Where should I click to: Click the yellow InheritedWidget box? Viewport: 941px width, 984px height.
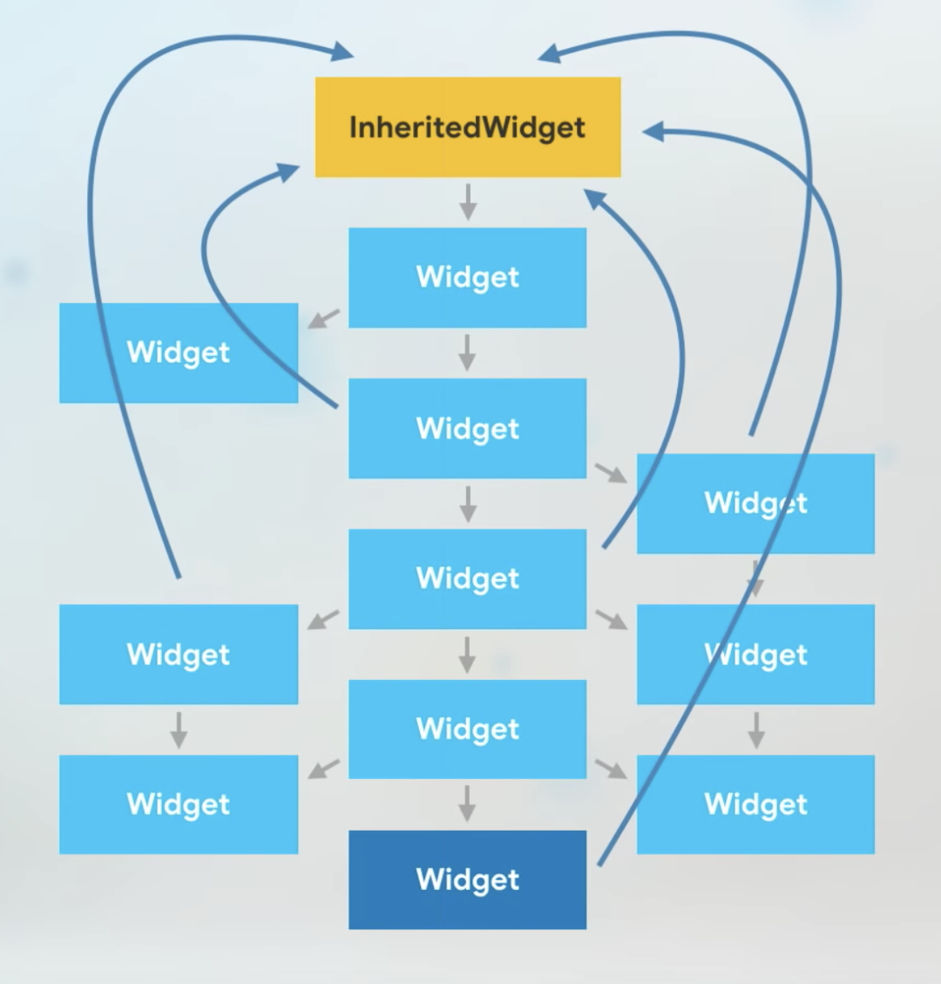468,127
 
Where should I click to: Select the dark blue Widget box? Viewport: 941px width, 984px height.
467,879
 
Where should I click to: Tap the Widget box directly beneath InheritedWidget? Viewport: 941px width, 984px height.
467,277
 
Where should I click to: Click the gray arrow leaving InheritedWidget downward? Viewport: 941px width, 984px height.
468,202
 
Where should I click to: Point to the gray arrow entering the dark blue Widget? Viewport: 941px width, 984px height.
466,804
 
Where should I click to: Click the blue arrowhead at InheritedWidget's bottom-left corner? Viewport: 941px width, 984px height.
288,172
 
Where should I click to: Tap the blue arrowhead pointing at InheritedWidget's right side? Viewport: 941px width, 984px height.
653,131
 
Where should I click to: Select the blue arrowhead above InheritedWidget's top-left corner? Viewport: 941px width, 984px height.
342,51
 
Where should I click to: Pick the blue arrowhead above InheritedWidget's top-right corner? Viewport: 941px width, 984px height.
549,52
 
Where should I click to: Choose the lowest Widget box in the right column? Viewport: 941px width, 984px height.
756,804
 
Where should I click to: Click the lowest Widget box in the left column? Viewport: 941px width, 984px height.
179,804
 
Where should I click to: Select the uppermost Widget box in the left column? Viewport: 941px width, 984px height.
179,353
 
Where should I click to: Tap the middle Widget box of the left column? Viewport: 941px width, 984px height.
179,654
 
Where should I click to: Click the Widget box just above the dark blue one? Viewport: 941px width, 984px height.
467,730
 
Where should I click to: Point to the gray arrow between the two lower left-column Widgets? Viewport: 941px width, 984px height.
179,730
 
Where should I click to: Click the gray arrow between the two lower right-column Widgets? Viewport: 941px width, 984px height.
756,730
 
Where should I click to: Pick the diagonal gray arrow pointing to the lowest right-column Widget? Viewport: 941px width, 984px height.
611,769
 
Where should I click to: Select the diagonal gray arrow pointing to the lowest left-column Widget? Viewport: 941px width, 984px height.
324,770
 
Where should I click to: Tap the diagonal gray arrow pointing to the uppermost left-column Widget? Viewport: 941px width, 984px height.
324,318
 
